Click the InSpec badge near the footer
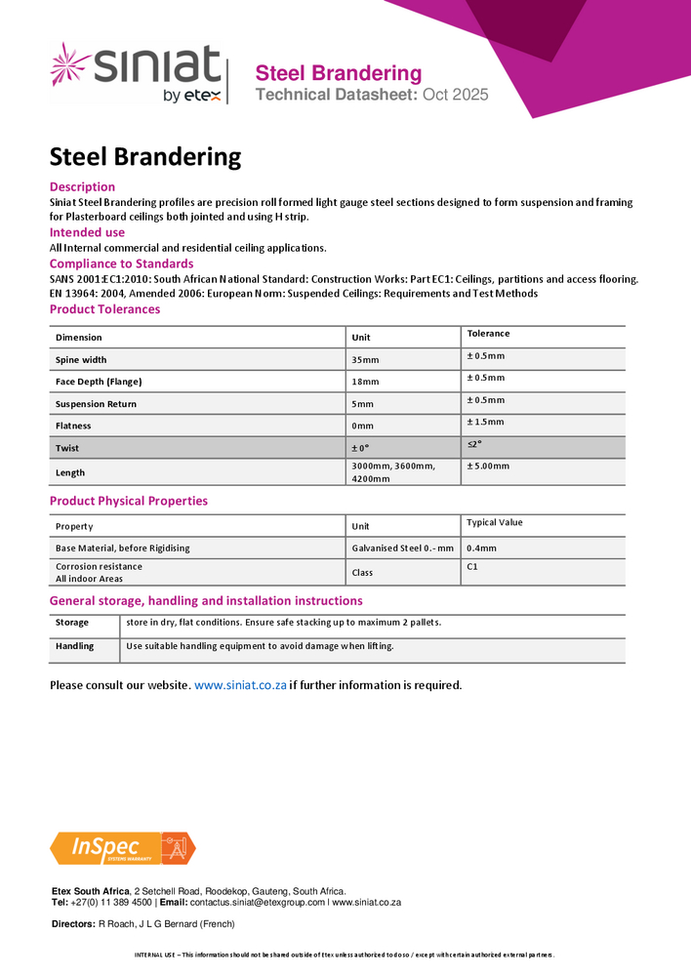123,848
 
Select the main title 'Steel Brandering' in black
145,156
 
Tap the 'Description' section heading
82,186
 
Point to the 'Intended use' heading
87,232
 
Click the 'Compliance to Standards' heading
121,264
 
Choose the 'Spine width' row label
81,360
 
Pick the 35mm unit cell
365,360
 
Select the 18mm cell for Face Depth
365,382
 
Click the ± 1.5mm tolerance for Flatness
485,422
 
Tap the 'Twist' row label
67,448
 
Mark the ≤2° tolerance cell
474,443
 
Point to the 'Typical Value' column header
495,522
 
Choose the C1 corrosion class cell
472,566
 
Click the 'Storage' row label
72,623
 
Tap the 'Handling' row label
75,646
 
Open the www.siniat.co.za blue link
240,685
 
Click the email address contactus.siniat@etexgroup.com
258,903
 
